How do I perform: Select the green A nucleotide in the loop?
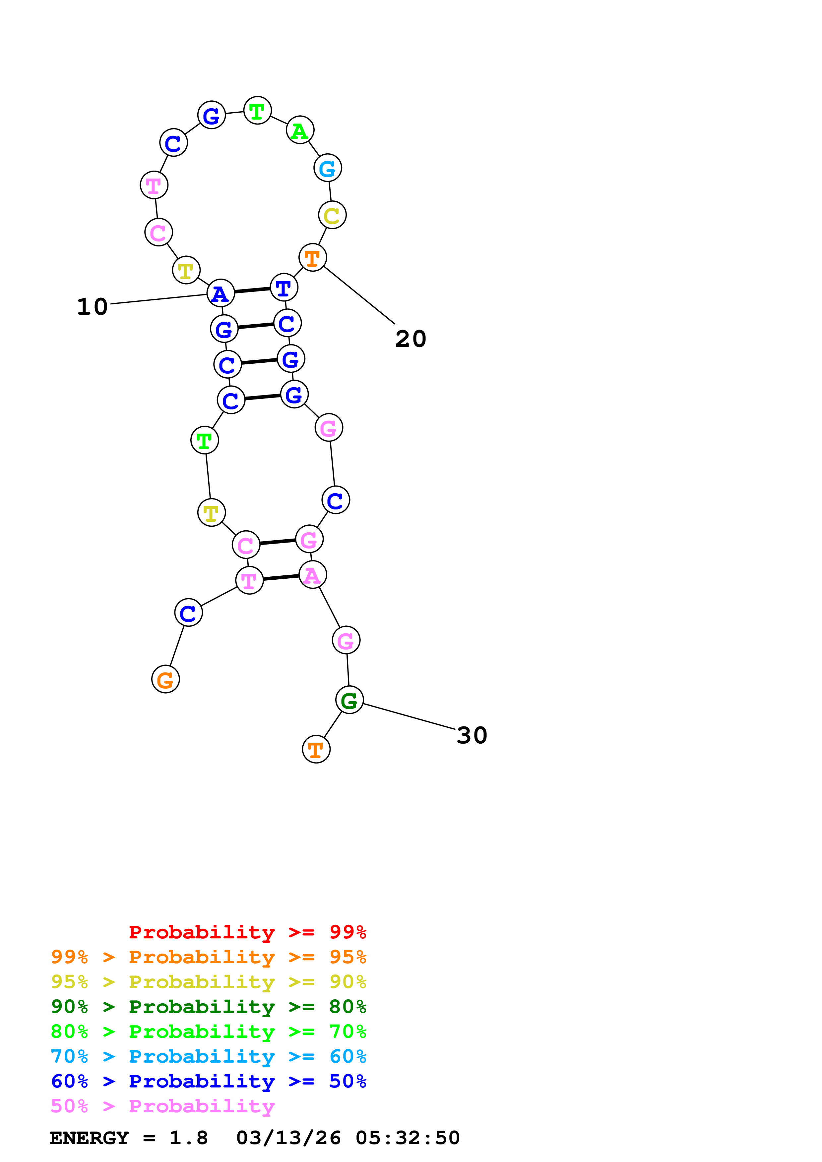point(300,131)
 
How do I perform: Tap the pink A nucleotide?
point(312,575)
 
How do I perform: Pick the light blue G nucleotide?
point(328,168)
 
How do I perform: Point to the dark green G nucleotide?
point(349,700)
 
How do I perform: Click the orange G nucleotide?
point(165,679)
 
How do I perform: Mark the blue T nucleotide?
point(284,288)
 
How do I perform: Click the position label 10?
point(92,307)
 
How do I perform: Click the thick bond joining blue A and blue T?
point(252,290)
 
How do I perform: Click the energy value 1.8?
point(188,1138)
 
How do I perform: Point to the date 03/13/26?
point(288,1138)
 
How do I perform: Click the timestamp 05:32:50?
point(408,1138)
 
